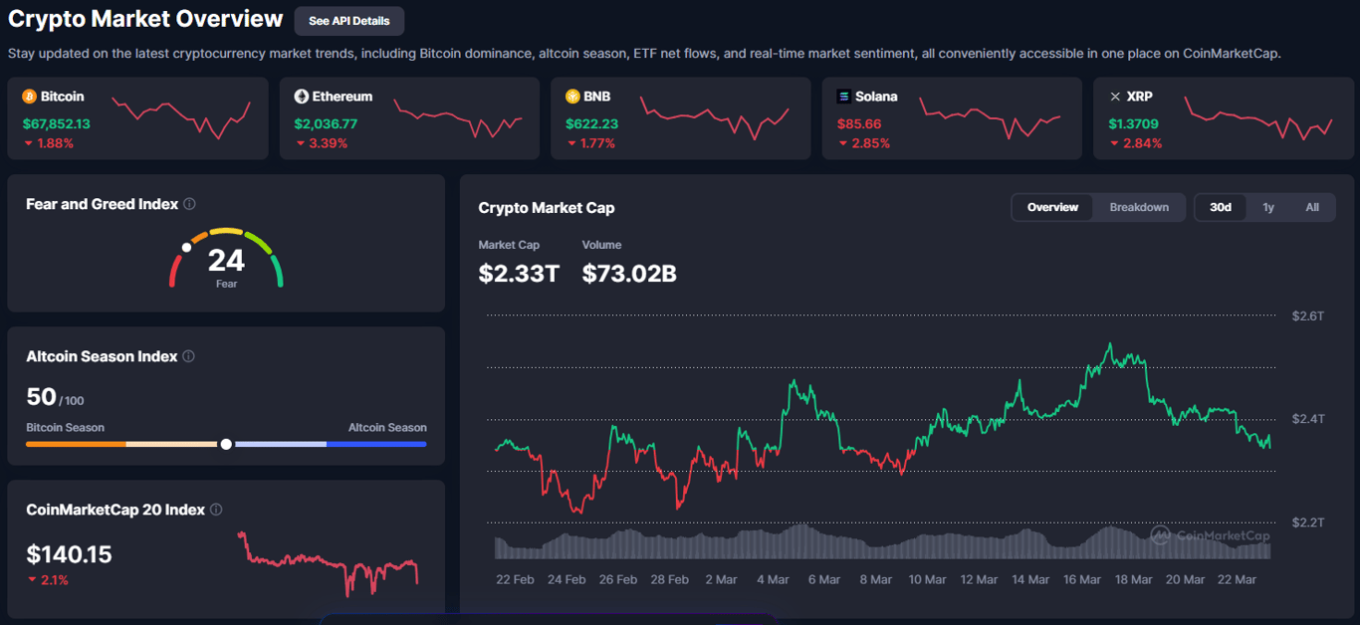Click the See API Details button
tap(348, 21)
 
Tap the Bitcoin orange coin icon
tap(29, 97)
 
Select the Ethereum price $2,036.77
tap(326, 124)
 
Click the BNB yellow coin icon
tap(572, 97)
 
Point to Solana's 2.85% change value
tap(870, 143)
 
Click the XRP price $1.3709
tap(1133, 124)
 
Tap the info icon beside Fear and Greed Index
tap(189, 204)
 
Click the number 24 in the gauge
tap(226, 261)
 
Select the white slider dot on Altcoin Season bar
tap(226, 444)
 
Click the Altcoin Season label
tap(387, 428)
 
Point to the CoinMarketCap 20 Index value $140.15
tap(69, 554)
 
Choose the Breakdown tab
tap(1139, 207)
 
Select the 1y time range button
tap(1268, 207)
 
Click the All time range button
tap(1312, 207)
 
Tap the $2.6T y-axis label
tap(1308, 316)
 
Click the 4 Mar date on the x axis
tap(773, 579)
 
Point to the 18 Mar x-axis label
tap(1134, 579)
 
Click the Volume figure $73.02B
tap(629, 273)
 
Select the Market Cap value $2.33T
tap(519, 273)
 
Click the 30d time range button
tap(1221, 207)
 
